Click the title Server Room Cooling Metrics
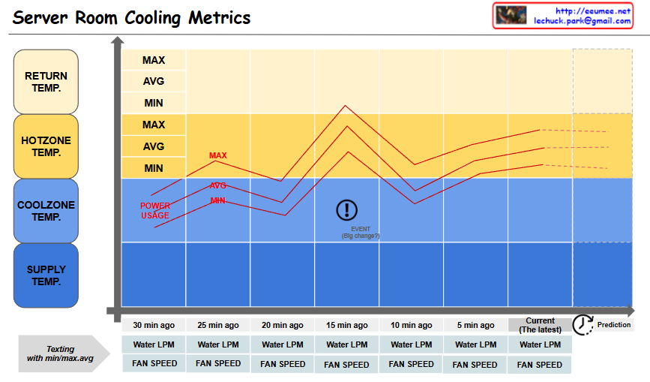pyautogui.click(x=131, y=17)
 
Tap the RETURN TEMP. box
pyautogui.click(x=46, y=81)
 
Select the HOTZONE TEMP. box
pyautogui.click(x=46, y=146)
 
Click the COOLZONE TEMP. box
pyautogui.click(x=46, y=210)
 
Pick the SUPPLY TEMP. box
pyautogui.click(x=46, y=275)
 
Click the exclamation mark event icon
pyautogui.click(x=346, y=210)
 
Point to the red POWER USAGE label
pyautogui.click(x=155, y=211)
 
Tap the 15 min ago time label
pyautogui.click(x=347, y=325)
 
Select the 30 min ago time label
pyautogui.click(x=154, y=325)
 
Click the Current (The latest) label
pyautogui.click(x=540, y=325)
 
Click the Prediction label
pyautogui.click(x=614, y=325)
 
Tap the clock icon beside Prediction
pyautogui.click(x=583, y=324)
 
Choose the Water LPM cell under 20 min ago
pyautogui.click(x=283, y=344)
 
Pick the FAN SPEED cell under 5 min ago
pyautogui.click(x=475, y=365)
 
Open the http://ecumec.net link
pyautogui.click(x=593, y=11)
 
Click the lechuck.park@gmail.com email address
pyautogui.click(x=582, y=21)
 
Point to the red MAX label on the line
pyautogui.click(x=217, y=156)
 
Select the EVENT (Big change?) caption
pyautogui.click(x=361, y=233)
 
